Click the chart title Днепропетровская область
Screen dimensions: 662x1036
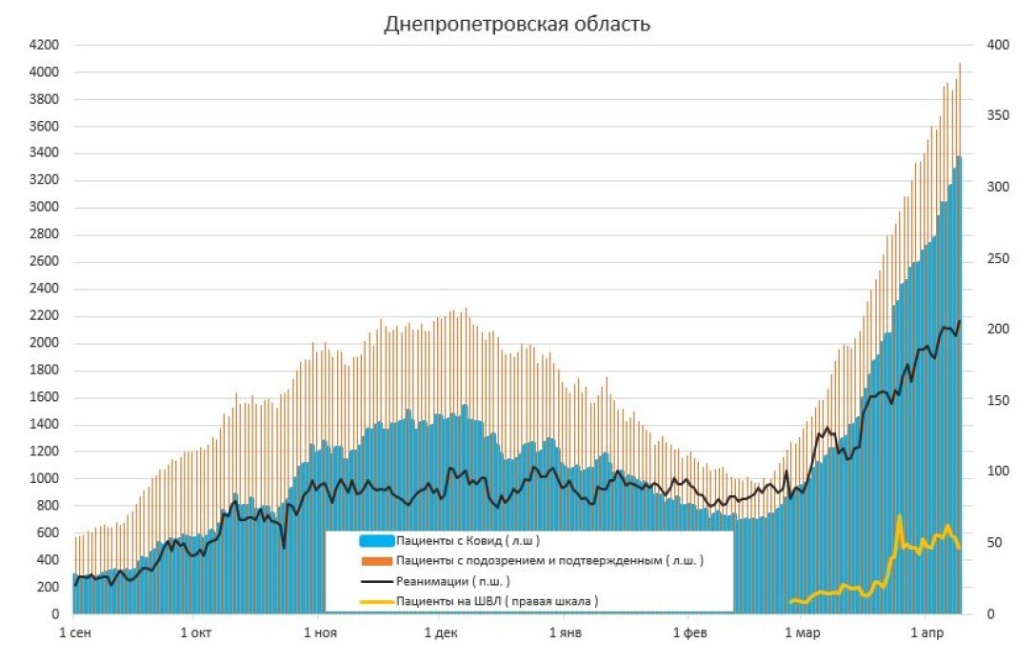point(517,24)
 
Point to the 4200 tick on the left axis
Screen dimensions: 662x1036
point(45,45)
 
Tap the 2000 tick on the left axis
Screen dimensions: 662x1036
point(45,344)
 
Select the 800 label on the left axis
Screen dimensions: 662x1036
point(49,507)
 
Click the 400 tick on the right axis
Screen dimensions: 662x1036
point(996,45)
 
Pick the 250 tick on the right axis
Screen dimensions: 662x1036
point(996,258)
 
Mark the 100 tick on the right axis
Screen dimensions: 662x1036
point(996,471)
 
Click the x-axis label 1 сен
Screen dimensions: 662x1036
point(76,632)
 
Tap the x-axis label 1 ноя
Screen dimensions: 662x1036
point(320,632)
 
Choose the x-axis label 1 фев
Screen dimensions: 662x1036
point(689,632)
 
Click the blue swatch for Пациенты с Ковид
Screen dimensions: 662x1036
point(376,541)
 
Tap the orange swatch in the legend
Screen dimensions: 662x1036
point(376,561)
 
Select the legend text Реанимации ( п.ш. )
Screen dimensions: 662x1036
point(452,580)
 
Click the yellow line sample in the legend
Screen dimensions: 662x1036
point(376,601)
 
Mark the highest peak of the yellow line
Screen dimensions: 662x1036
point(899,516)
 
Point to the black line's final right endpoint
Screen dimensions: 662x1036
point(960,321)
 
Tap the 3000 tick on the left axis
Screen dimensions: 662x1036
point(45,208)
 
